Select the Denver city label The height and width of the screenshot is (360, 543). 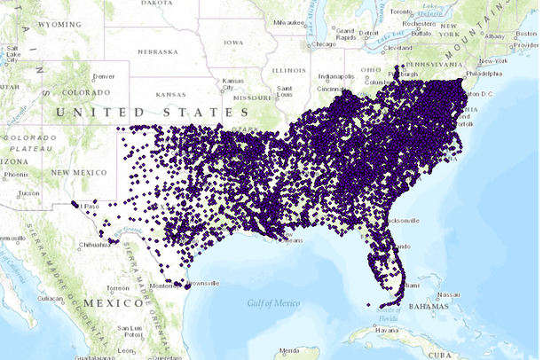point(104,76)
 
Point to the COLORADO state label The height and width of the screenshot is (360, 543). point(87,91)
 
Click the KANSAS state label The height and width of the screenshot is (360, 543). point(170,93)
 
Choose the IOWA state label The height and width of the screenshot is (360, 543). point(234,42)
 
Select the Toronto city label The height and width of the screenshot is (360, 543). point(402,12)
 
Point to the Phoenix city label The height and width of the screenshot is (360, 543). point(15,174)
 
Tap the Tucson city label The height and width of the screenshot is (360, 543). point(28,192)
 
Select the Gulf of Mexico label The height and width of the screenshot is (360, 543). point(274,303)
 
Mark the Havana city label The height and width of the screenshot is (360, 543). point(387,331)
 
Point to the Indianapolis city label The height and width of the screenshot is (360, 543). point(337,76)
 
